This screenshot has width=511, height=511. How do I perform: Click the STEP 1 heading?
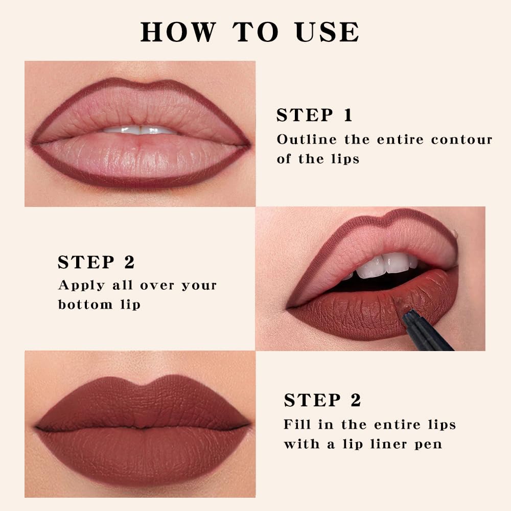(314, 115)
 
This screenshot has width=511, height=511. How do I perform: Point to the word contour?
(461, 140)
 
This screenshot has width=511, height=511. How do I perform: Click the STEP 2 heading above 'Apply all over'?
(96, 263)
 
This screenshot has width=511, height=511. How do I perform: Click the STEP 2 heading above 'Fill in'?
(322, 401)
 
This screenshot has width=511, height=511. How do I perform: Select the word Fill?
(295, 425)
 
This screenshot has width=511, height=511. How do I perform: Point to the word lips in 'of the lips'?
(343, 159)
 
